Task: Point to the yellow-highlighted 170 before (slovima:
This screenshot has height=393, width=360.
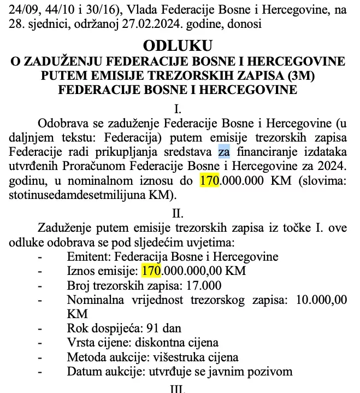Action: pyautogui.click(x=209, y=180)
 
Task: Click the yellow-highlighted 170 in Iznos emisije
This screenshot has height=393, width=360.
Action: pyautogui.click(x=150, y=271)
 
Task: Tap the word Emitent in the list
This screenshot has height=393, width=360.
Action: pyautogui.click(x=87, y=256)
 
